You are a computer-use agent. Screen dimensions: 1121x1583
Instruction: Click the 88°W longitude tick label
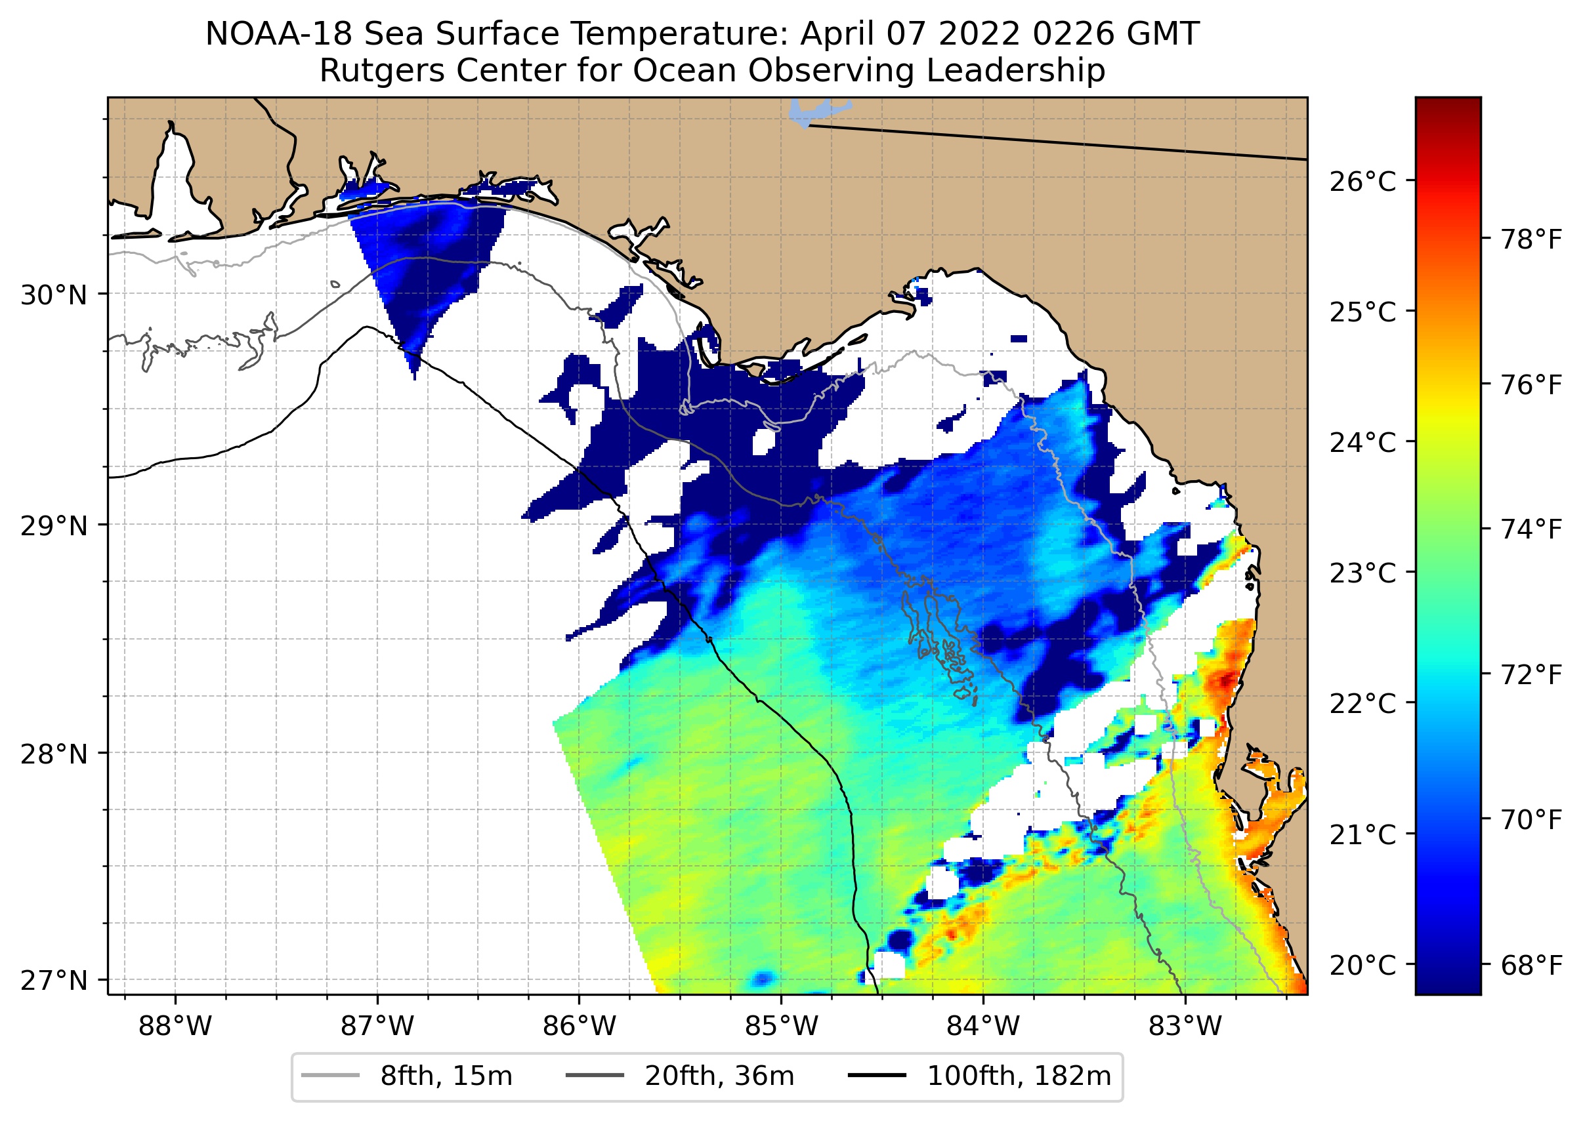point(175,1027)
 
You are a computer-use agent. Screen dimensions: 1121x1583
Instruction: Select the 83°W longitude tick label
point(1185,1027)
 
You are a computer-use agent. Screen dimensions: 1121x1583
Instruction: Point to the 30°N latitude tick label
point(54,295)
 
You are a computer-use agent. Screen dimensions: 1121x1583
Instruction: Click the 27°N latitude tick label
point(54,980)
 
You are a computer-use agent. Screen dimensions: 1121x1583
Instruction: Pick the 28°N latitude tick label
point(54,754)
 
